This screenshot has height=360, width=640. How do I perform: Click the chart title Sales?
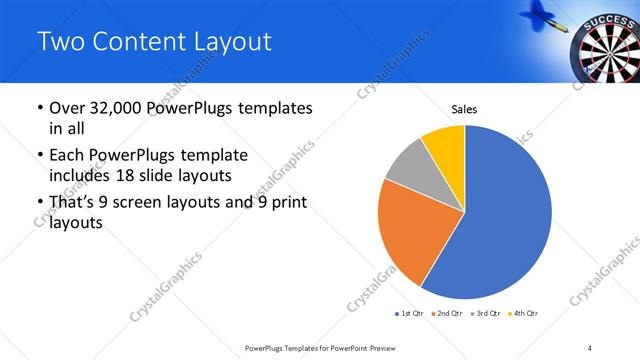pyautogui.click(x=464, y=108)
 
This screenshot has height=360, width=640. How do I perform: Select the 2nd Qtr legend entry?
pyautogui.click(x=445, y=314)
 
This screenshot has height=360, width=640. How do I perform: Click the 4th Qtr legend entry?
pyautogui.click(x=523, y=314)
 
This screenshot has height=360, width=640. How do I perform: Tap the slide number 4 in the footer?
pyautogui.click(x=590, y=347)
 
